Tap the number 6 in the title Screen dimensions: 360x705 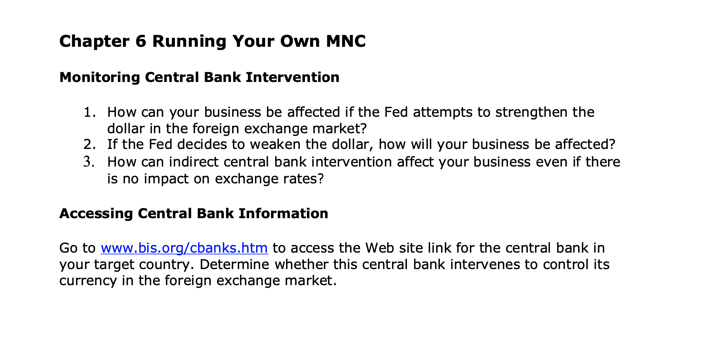tap(140, 41)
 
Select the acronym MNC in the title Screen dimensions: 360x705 tap(346, 41)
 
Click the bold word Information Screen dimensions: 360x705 tap(283, 214)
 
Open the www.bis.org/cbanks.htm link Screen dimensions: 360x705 tap(184, 248)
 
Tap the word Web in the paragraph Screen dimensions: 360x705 tap(378, 248)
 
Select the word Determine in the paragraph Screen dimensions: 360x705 tap(234, 265)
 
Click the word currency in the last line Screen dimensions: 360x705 tap(88, 281)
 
